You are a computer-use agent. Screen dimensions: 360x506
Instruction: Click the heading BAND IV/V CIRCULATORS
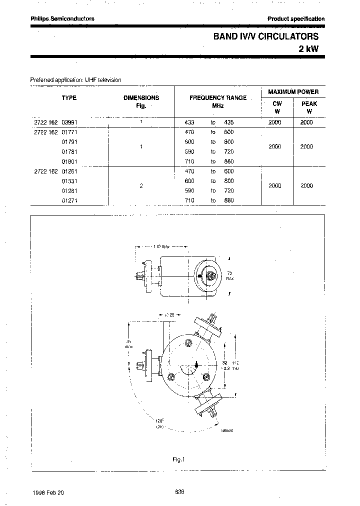coord(265,36)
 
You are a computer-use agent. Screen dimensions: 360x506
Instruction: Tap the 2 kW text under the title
coord(308,49)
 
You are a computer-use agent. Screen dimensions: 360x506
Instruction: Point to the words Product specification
coord(296,19)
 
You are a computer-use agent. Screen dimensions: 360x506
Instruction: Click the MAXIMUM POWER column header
coord(293,92)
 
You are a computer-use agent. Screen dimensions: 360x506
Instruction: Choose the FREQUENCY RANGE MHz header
coord(217,101)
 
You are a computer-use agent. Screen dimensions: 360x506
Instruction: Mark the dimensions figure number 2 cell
coord(141,185)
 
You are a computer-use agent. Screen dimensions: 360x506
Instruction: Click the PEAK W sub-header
coord(309,107)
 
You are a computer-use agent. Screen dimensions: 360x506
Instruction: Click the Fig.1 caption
coord(178,459)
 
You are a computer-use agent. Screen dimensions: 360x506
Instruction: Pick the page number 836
coord(180,492)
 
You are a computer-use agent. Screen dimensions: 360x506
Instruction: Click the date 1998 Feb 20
coord(48,492)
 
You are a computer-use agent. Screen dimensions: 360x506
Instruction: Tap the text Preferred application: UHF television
coord(75,79)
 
